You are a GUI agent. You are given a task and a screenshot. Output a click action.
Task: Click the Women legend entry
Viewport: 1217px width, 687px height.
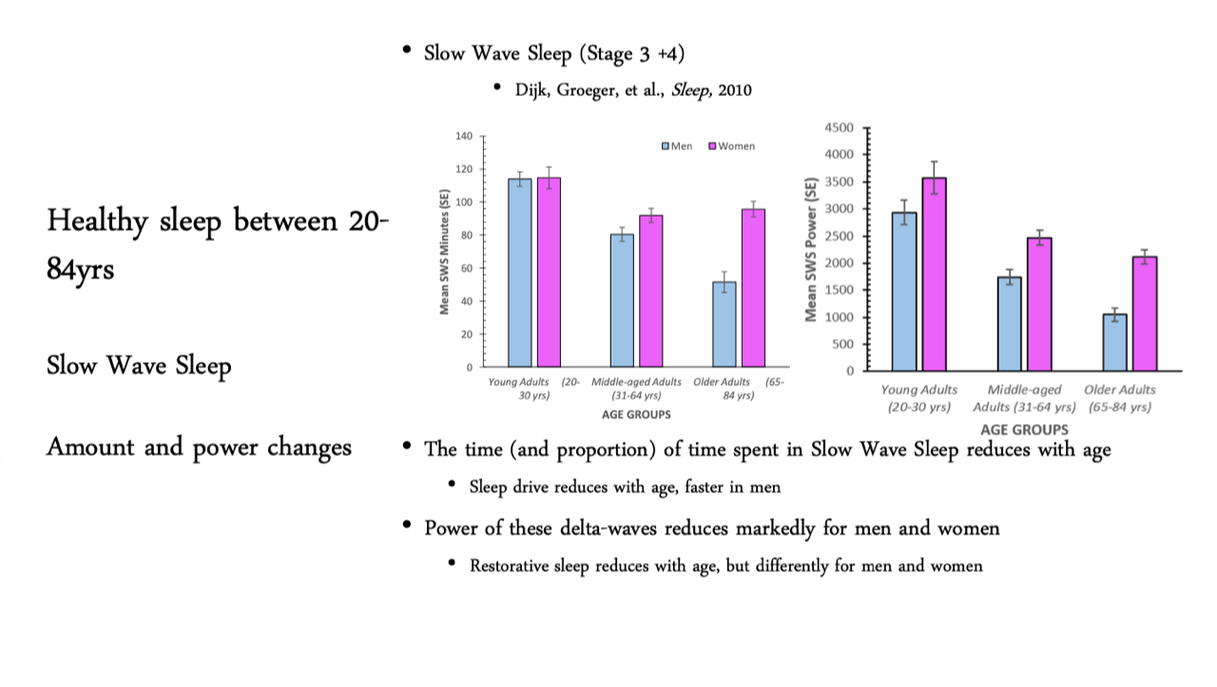pyautogui.click(x=731, y=146)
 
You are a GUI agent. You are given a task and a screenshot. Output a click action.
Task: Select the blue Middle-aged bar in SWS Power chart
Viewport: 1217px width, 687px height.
pyautogui.click(x=1009, y=323)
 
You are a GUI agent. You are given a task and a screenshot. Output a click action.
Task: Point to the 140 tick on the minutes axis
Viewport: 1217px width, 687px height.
pyautogui.click(x=463, y=137)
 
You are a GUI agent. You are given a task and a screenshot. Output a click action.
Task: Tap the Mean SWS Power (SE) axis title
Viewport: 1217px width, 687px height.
pyautogui.click(x=812, y=249)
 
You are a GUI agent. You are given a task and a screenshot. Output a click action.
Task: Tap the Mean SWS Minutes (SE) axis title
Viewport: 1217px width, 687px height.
pyautogui.click(x=444, y=252)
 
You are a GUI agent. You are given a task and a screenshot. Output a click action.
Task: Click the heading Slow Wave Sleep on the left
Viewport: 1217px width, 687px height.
pyautogui.click(x=139, y=366)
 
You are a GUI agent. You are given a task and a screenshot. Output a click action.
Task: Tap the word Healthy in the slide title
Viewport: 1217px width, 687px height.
pyautogui.click(x=96, y=222)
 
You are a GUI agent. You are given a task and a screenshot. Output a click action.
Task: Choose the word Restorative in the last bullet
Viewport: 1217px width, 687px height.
pyautogui.click(x=516, y=565)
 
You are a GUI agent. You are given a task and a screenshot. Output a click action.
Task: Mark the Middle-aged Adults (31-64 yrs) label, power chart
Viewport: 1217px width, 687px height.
pyautogui.click(x=1023, y=398)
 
